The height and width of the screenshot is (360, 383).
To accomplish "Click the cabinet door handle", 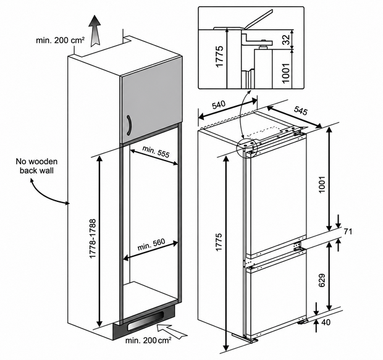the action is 128,125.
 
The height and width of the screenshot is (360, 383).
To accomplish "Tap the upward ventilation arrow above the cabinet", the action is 95,30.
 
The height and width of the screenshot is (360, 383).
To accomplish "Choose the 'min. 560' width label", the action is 151,245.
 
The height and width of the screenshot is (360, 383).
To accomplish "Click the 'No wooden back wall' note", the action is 36,166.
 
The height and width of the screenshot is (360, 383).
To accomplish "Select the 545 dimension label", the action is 300,111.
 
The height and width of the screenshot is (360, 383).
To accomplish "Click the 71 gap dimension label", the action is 348,231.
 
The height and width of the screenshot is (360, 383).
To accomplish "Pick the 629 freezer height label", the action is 322,280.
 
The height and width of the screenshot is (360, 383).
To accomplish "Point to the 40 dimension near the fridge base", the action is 326,322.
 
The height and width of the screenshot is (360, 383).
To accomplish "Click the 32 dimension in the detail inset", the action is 286,40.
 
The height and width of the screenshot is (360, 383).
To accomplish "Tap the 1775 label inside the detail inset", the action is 219,56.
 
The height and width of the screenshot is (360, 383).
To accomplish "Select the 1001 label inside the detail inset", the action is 285,73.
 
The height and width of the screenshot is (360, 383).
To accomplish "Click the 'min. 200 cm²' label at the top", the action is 61,40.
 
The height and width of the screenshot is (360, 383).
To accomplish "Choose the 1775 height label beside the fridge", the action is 219,241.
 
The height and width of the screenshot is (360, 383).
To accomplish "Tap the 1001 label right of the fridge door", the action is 322,185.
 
